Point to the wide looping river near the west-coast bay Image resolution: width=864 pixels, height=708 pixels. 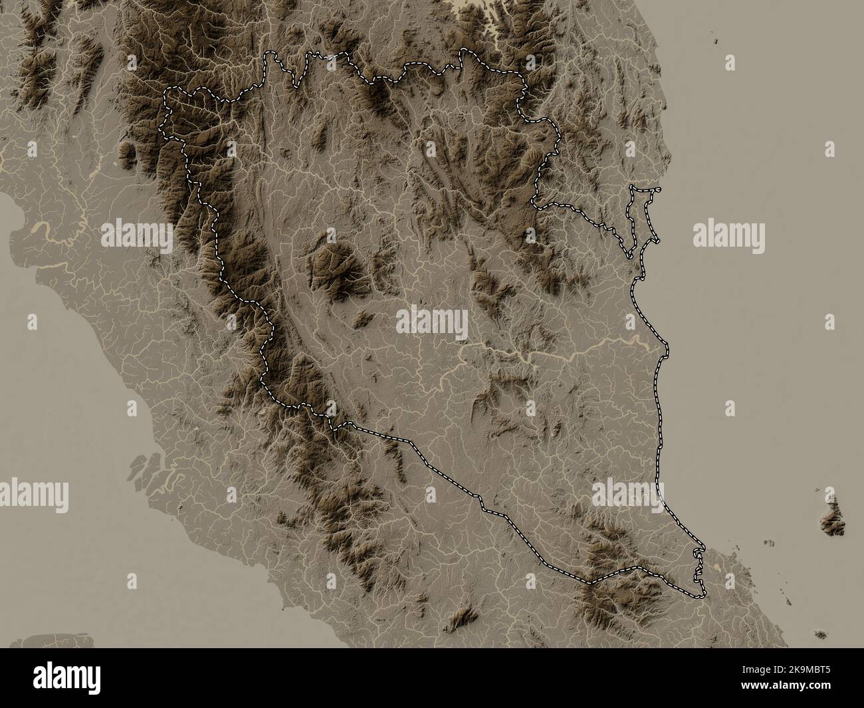point(44,229)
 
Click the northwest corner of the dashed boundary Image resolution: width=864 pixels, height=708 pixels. point(166,90)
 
